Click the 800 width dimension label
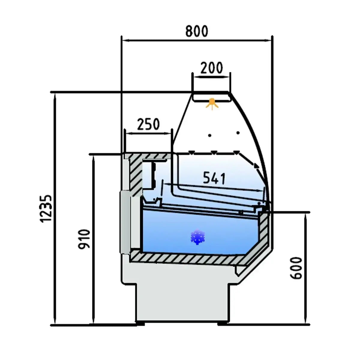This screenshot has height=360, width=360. coord(196,31)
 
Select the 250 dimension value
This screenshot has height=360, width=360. coord(148,124)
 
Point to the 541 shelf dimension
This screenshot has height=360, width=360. coord(214,178)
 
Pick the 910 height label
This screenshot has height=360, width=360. coord(84,239)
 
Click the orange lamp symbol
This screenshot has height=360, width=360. coord(212,104)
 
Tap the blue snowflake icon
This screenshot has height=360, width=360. coord(198,237)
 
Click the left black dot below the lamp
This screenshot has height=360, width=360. coord(210,135)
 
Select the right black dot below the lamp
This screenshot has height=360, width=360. coord(238,133)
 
